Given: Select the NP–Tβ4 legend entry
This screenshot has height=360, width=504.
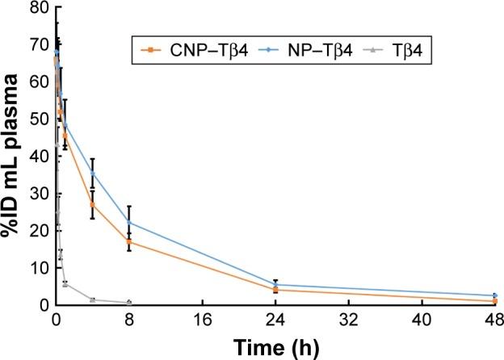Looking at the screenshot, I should point(304,52).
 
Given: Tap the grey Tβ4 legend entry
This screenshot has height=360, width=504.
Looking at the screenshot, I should point(401,52).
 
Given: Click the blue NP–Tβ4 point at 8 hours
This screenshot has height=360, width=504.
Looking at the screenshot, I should point(128,222).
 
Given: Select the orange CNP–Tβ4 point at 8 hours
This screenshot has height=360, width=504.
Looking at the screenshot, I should point(128,241).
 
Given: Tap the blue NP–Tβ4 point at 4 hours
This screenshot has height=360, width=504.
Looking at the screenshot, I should point(92,174).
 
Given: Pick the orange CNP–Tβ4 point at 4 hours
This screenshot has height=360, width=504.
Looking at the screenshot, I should point(92,204).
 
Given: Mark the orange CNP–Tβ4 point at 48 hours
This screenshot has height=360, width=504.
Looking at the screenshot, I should point(494,301).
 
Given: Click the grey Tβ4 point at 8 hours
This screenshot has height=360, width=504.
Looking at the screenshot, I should point(128,303).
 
